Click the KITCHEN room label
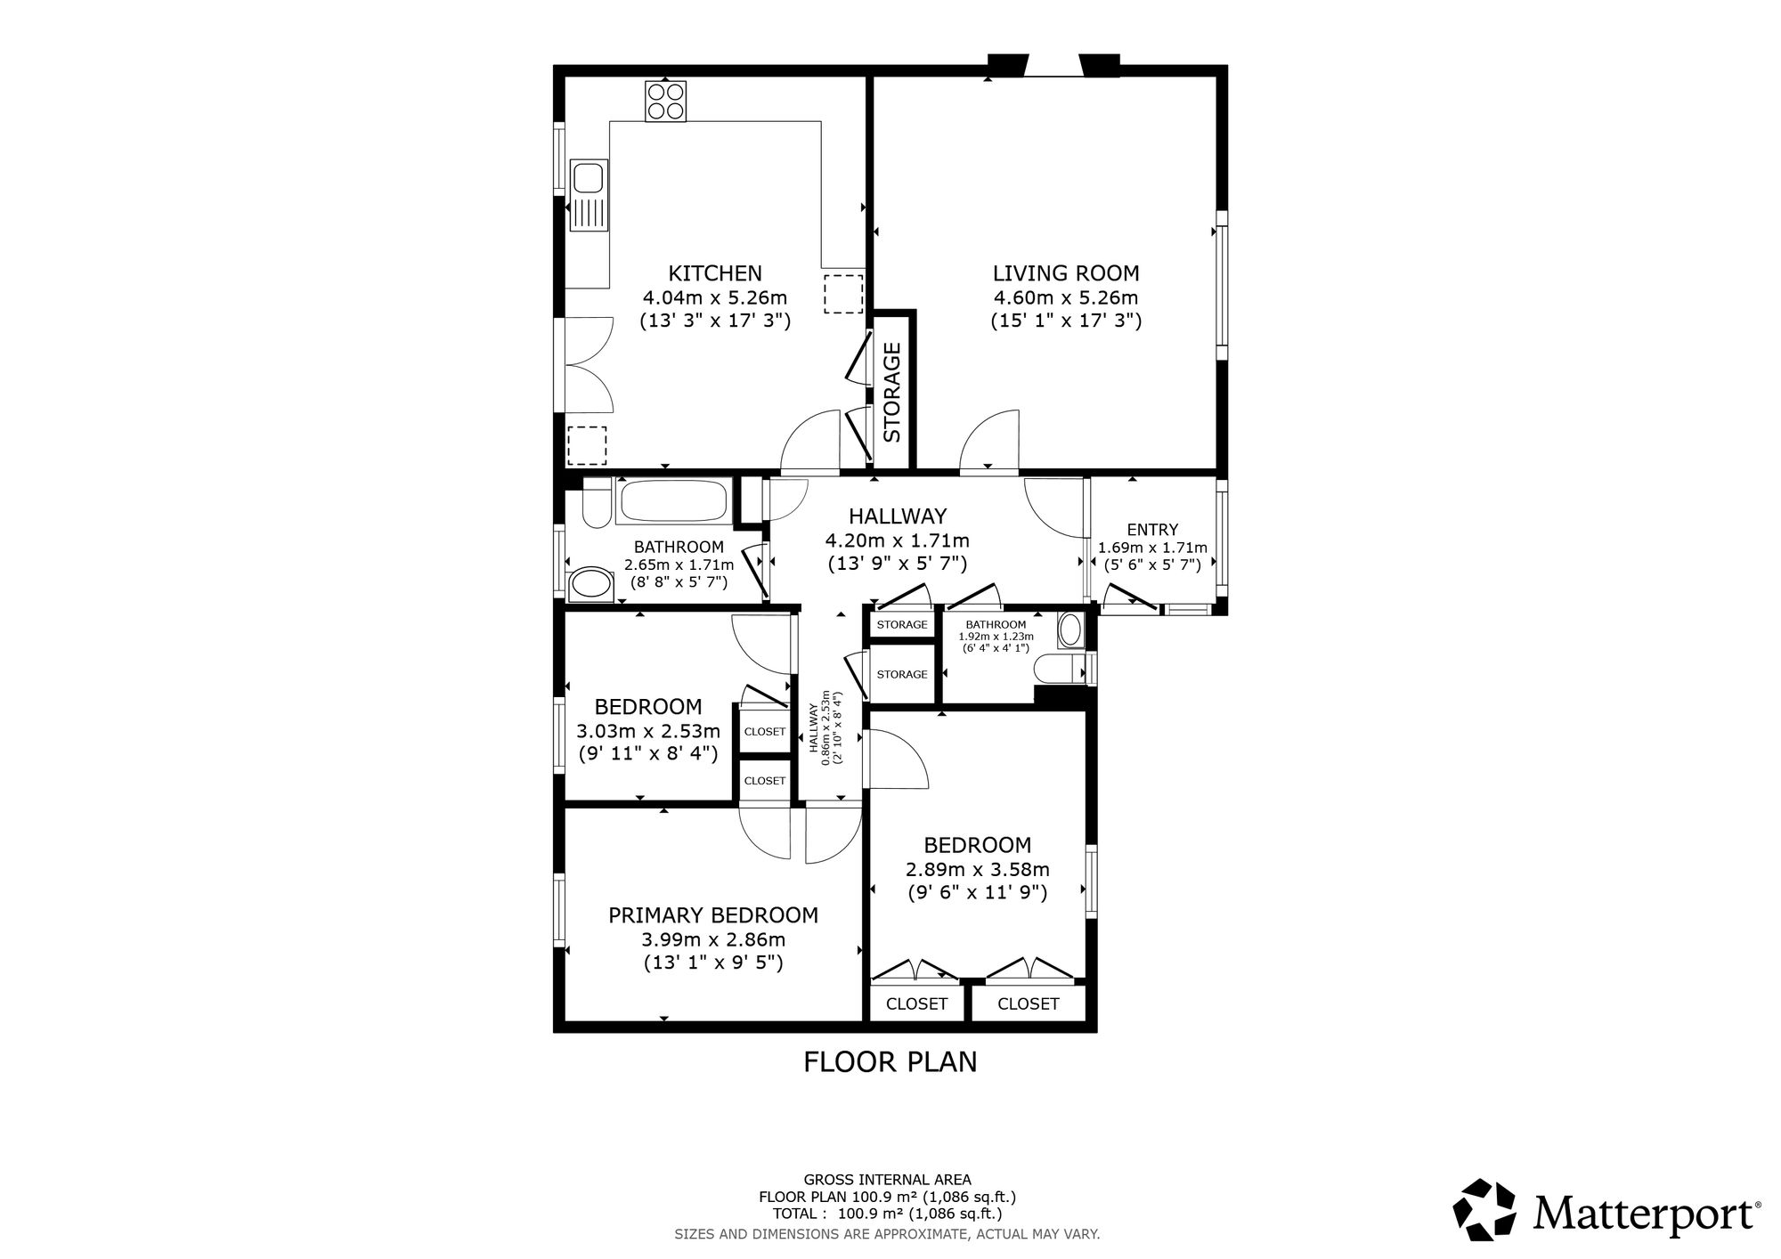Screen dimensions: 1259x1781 point(715,273)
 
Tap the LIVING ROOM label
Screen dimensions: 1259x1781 point(1066,273)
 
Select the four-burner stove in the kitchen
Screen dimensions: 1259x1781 point(667,101)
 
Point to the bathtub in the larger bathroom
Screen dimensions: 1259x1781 point(674,500)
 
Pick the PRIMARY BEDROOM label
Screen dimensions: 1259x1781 point(712,915)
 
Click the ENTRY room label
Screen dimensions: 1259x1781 point(1152,530)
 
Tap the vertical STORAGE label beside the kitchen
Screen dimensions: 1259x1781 point(892,393)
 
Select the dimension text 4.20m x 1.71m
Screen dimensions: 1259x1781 point(897,540)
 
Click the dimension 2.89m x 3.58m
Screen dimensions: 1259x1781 point(977,869)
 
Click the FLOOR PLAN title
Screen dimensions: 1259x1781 point(890,1062)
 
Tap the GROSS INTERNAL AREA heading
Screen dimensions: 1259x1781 point(887,1181)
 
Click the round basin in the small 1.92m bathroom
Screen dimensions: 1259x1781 point(1069,631)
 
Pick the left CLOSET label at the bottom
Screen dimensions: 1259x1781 point(916,1004)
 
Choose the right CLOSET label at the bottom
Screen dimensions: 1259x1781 point(1028,1004)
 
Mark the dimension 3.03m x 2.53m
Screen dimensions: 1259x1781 point(648,732)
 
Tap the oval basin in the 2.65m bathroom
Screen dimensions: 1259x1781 point(590,584)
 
